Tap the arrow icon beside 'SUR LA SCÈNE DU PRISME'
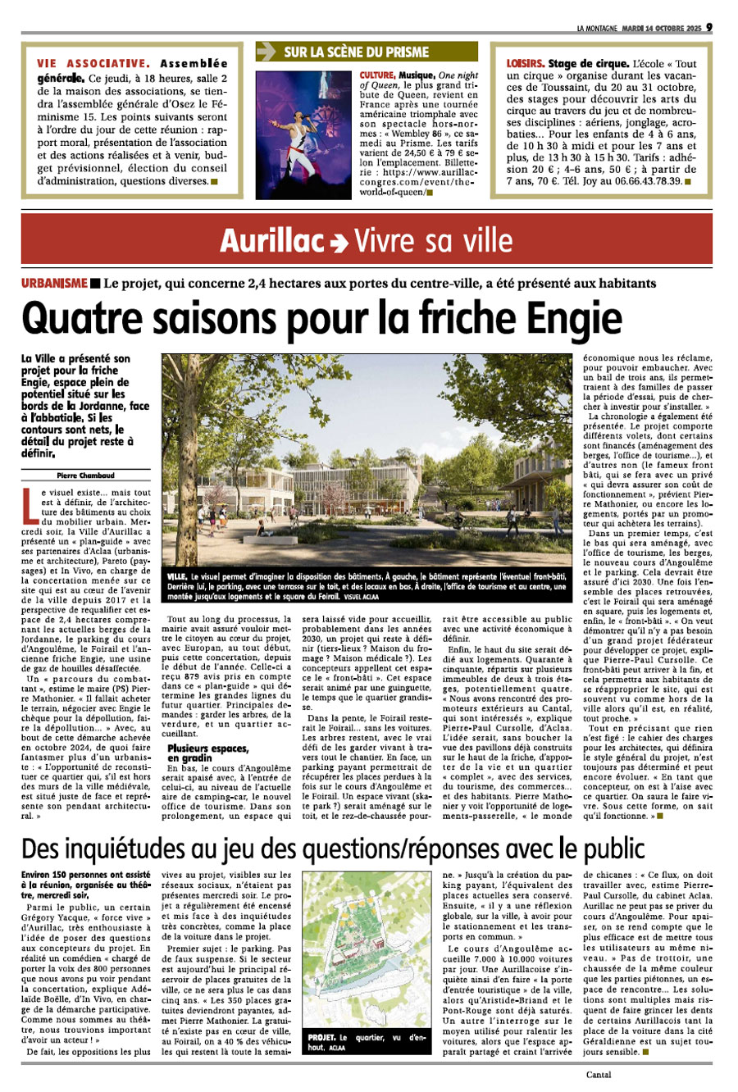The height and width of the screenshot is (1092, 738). click(x=266, y=52)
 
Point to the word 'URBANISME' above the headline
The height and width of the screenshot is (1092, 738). click(x=54, y=283)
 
